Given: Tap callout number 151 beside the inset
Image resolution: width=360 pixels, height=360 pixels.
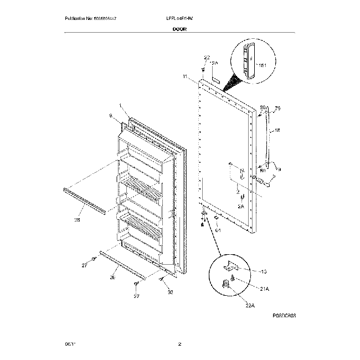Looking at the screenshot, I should (x=264, y=65).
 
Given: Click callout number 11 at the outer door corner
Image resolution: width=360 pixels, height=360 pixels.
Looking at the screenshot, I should (x=184, y=77).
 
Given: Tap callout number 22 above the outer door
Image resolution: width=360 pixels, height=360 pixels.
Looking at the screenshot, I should (x=207, y=58).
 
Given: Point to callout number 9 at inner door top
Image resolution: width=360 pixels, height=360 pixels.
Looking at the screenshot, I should (x=110, y=116).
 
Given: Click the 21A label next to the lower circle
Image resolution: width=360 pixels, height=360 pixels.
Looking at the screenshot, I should (x=264, y=289).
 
